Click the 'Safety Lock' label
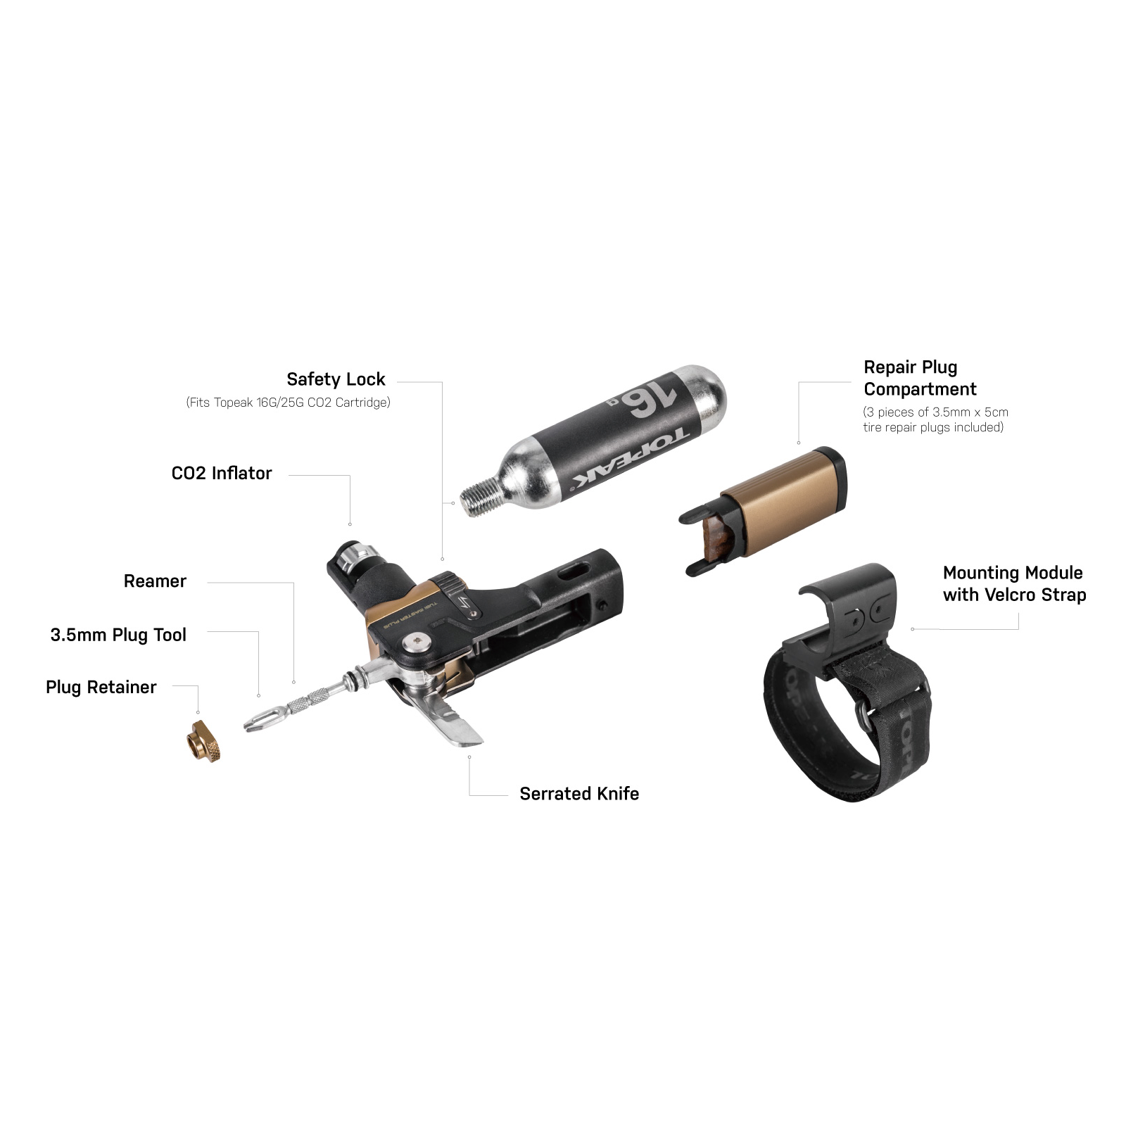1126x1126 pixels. [336, 379]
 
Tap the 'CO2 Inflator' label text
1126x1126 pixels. [222, 473]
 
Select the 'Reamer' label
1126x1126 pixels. [155, 581]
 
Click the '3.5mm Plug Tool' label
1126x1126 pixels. [118, 635]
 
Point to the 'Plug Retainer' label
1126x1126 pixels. [101, 687]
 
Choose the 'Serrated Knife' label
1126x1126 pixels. [579, 794]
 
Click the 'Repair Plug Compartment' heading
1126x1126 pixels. [920, 378]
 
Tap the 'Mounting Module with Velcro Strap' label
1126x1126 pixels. [1014, 584]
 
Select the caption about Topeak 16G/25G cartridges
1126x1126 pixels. [288, 403]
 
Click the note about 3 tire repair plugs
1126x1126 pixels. [935, 419]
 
